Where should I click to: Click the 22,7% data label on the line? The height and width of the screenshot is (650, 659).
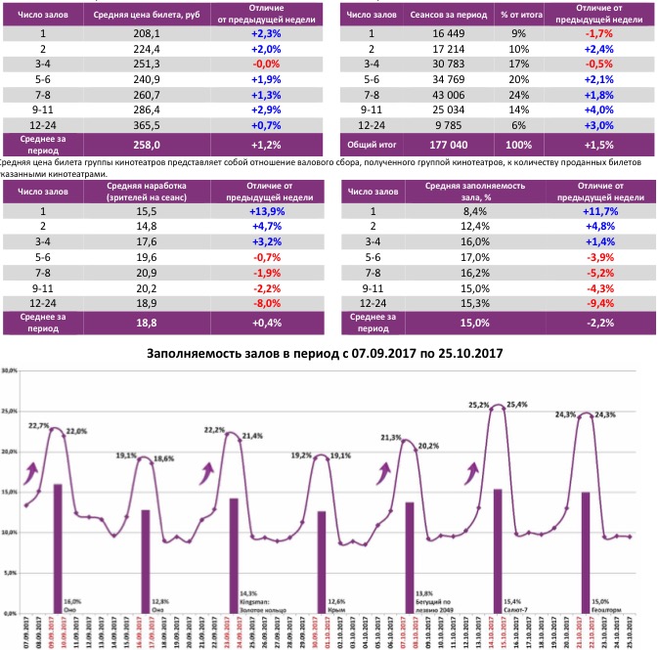click(39, 426)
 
